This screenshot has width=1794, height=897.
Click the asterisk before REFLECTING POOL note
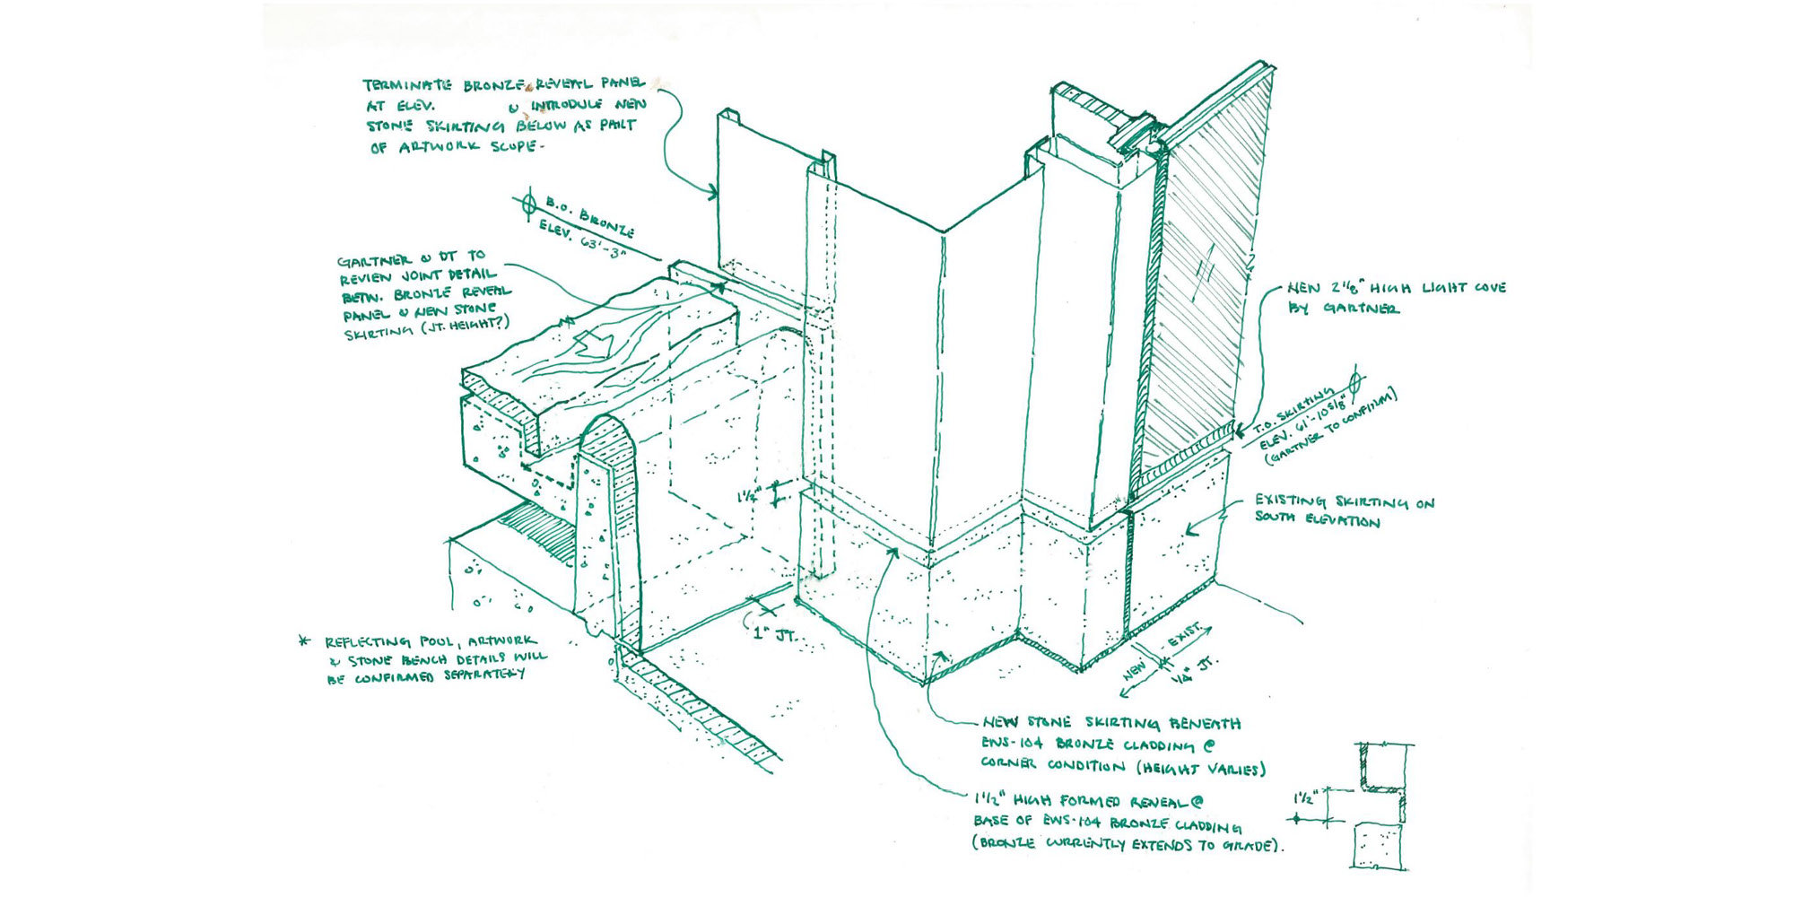coord(305,641)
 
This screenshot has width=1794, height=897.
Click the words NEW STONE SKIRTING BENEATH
coord(1112,723)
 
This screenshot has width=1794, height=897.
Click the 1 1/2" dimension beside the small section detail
coord(1306,797)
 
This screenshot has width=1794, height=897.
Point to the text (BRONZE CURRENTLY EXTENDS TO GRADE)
coord(1127,844)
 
